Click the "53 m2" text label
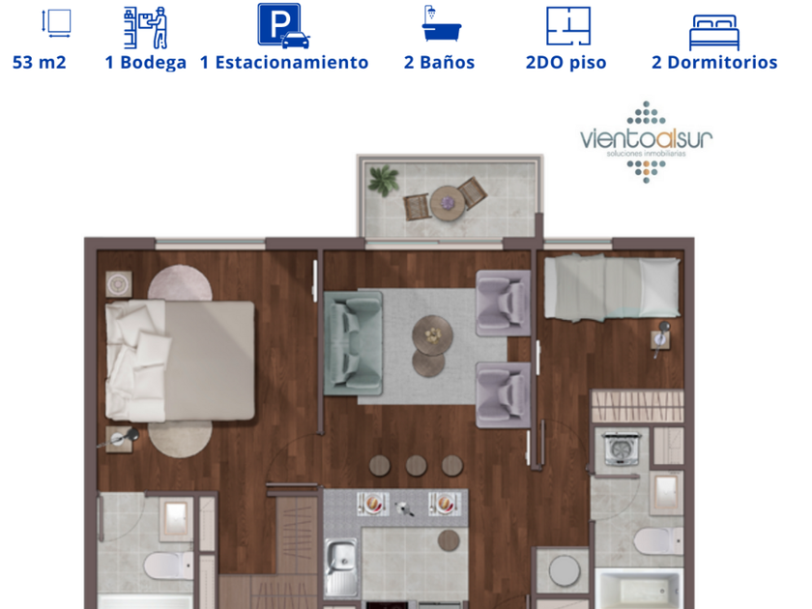tap(40, 62)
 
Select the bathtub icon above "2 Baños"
tap(441, 24)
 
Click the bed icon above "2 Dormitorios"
tap(714, 33)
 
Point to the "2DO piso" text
tap(566, 62)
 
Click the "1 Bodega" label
tap(146, 62)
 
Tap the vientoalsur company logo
tap(647, 142)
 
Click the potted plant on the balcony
tap(384, 180)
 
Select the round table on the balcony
tap(448, 203)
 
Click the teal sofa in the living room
tap(353, 343)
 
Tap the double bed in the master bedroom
tap(180, 361)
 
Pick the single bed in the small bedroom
tap(612, 286)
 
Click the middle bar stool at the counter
tap(416, 466)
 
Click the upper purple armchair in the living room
tap(503, 303)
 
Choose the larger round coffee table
tap(432, 335)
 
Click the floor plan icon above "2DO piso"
tap(568, 26)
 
